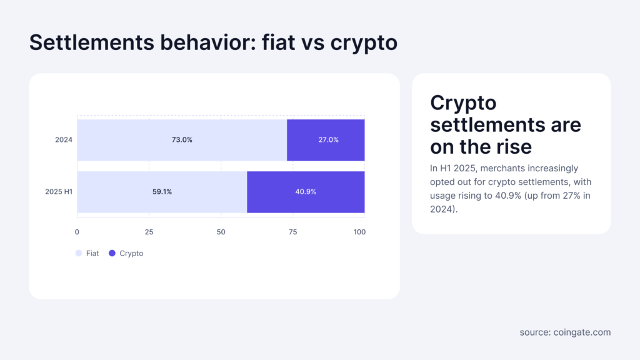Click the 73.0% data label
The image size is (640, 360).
pos(182,140)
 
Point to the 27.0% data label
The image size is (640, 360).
pos(328,140)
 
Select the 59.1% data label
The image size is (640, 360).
pos(162,192)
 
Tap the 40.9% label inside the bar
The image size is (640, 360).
pos(306,192)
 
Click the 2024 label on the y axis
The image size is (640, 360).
pos(64,140)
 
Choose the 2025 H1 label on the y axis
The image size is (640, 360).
pos(59,192)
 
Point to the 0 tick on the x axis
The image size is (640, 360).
pos(77,232)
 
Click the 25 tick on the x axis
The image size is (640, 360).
pos(149,232)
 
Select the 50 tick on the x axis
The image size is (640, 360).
pos(221,232)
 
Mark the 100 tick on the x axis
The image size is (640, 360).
pos(359,232)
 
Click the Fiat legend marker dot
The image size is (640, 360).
pos(78,254)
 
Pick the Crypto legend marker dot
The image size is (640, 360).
pos(112,254)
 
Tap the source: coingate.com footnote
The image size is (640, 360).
pos(565,332)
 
